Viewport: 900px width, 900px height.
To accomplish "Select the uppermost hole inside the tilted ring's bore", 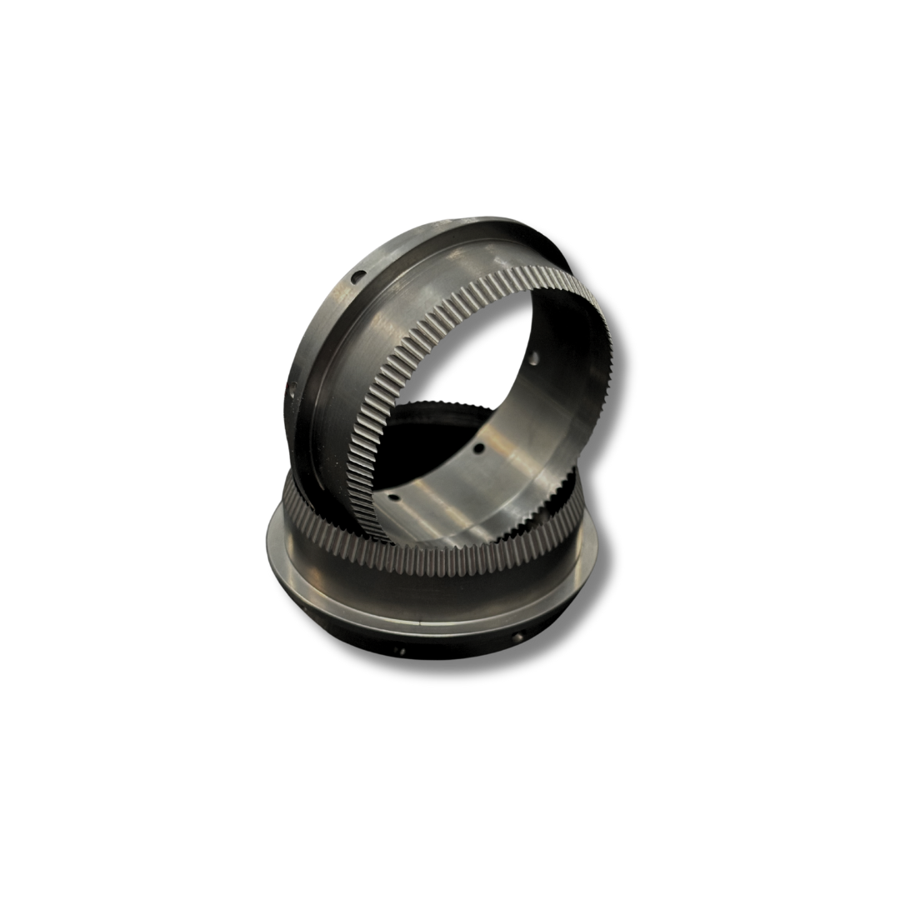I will pos(532,361).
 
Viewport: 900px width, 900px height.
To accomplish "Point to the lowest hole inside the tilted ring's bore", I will pos(396,499).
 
